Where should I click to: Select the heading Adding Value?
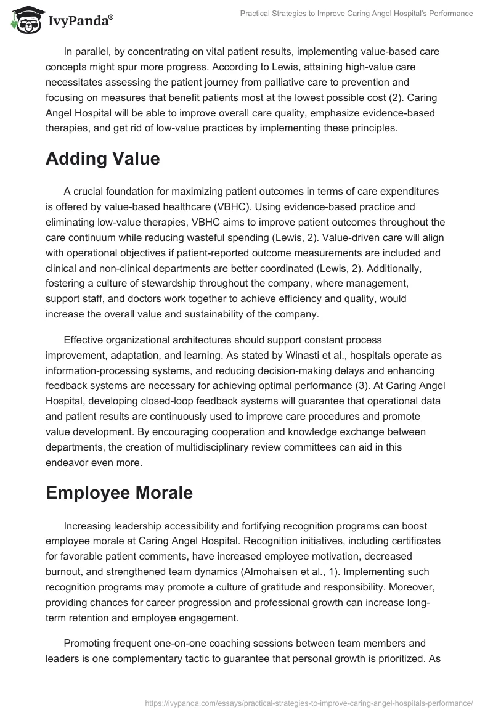102,158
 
